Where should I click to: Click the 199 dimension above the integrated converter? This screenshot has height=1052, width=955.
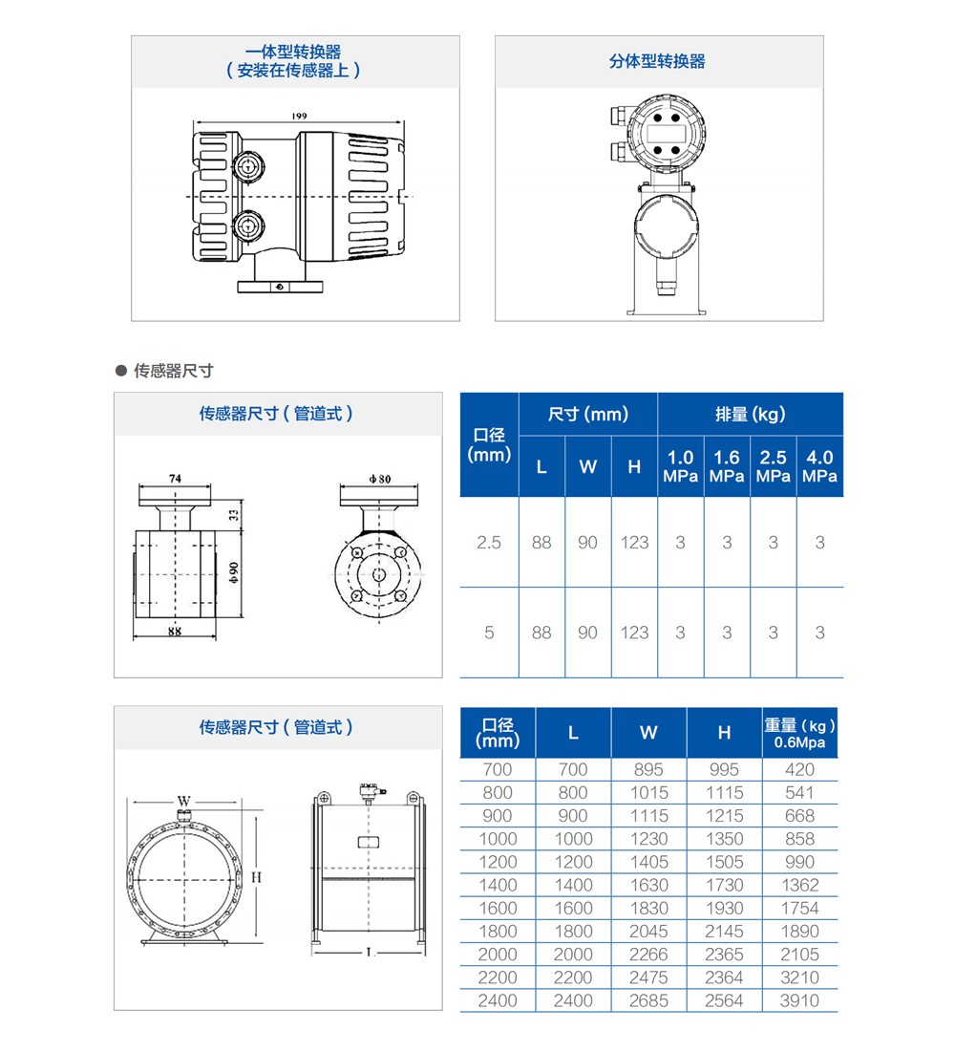pos(300,117)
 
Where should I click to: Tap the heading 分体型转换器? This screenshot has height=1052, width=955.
pos(658,61)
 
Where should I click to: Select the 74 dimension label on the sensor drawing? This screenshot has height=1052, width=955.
pos(176,477)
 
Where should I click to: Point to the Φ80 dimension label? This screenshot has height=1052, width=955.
pos(380,477)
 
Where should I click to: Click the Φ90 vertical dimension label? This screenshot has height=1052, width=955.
pos(233,571)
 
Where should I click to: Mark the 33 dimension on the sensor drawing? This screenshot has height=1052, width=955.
pos(234,515)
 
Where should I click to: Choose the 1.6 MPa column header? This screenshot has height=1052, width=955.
pos(727,466)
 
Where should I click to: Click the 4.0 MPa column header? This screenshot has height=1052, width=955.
pos(819,466)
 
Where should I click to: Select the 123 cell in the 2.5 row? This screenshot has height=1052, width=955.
pos(634,543)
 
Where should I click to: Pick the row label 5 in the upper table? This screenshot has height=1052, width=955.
pos(489,633)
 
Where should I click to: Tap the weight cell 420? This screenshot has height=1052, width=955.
pos(799,769)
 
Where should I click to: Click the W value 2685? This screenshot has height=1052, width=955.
pos(648,1000)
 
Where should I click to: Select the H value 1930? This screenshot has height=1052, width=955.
pos(724,908)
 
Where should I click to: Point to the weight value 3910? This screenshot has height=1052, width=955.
pos(799,1000)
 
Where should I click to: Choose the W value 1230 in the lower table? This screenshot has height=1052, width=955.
pos(648,839)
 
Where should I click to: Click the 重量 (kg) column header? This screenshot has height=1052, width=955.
pos(800,733)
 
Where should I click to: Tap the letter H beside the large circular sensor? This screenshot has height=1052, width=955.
pos(257,876)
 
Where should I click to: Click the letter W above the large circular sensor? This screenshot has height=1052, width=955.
pos(183,800)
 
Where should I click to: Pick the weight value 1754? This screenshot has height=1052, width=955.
pos(799,908)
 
